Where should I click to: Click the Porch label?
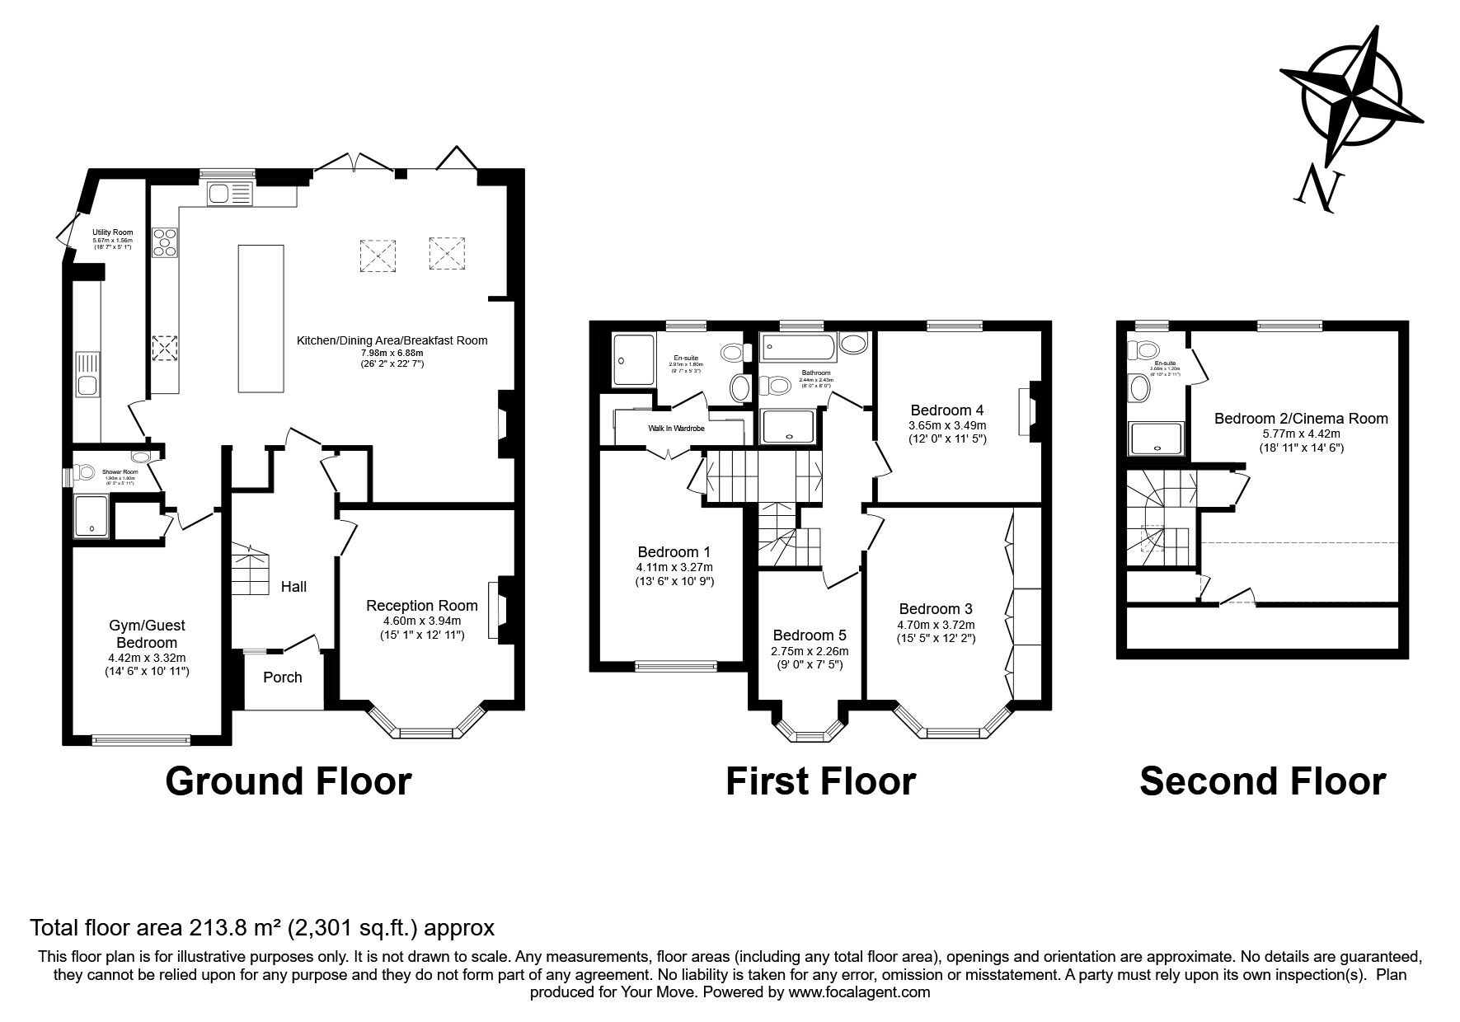click(x=282, y=677)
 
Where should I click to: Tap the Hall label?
click(x=293, y=587)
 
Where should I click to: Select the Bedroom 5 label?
click(x=810, y=635)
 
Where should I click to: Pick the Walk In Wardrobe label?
click(x=676, y=429)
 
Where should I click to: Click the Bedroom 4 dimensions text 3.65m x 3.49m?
click(x=947, y=425)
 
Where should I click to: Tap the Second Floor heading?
click(x=1262, y=781)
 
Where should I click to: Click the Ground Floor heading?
click(x=288, y=781)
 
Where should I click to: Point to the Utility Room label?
click(x=112, y=232)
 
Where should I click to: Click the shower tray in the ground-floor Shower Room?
click(x=92, y=516)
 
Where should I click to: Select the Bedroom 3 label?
click(x=935, y=609)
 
